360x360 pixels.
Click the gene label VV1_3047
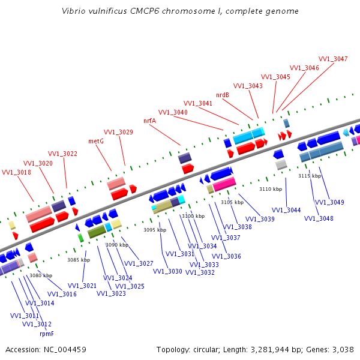(x=333, y=59)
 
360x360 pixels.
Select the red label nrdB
(x=223, y=95)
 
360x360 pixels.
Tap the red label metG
(x=96, y=141)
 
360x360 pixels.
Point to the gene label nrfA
(x=149, y=121)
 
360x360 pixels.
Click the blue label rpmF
(x=47, y=334)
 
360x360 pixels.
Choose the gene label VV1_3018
(x=16, y=172)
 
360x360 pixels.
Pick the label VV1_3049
(x=329, y=202)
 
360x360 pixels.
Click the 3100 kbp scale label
(x=193, y=216)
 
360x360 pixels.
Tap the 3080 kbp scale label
(x=41, y=275)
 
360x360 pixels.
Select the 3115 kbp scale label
(x=310, y=176)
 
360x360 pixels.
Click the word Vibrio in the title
(x=74, y=11)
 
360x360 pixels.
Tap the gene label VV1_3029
(x=118, y=132)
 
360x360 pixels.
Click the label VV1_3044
(x=286, y=210)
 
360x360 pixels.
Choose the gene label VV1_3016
(x=62, y=294)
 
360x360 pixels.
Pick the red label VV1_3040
(x=173, y=112)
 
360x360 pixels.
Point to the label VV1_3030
(x=167, y=271)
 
